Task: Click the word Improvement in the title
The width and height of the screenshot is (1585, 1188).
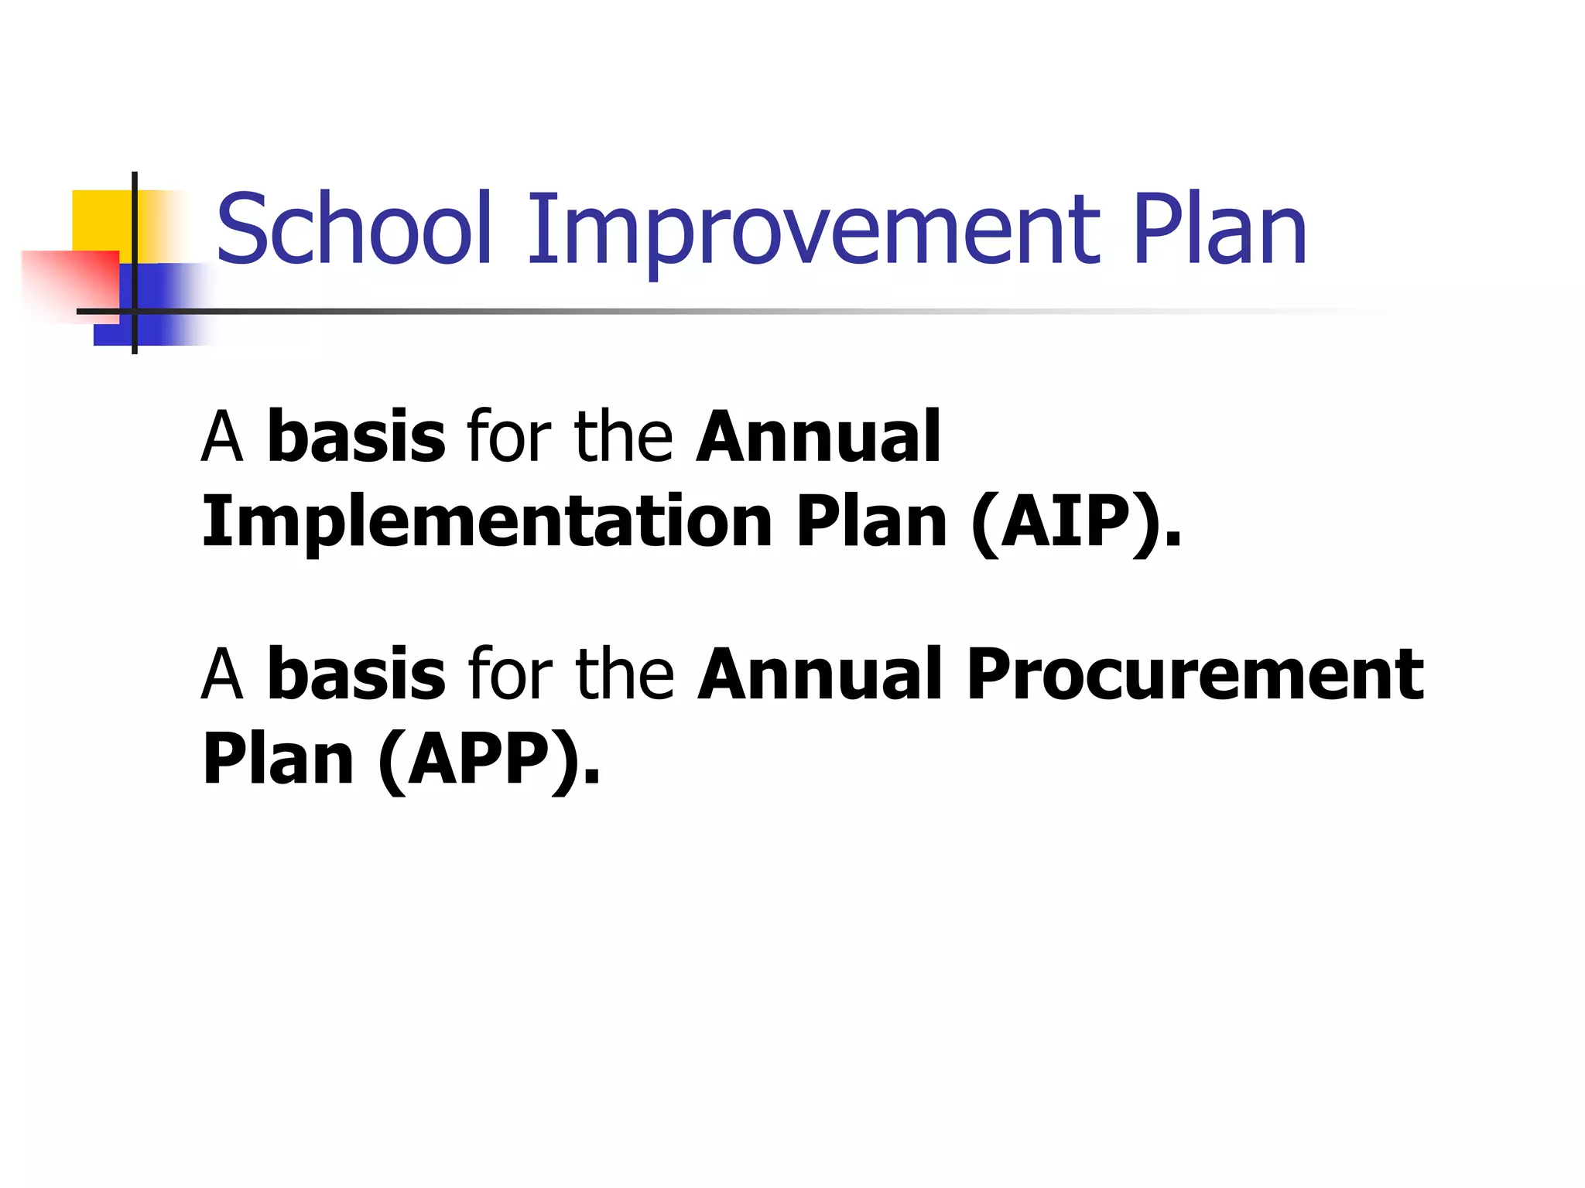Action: coord(813,229)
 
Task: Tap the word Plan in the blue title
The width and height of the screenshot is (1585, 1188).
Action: coord(1219,229)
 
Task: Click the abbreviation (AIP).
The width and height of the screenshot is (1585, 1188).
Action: coord(1077,522)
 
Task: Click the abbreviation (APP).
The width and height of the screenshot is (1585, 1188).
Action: coord(490,760)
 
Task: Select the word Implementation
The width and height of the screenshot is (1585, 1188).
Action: coord(487,522)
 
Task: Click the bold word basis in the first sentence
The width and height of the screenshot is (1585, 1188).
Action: coord(356,437)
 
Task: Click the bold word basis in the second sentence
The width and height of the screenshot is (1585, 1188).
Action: coord(356,674)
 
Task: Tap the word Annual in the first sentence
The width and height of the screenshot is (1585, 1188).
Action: coord(818,437)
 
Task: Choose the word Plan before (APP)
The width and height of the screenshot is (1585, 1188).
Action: coord(279,760)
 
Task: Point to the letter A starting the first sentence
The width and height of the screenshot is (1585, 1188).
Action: coord(222,439)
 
